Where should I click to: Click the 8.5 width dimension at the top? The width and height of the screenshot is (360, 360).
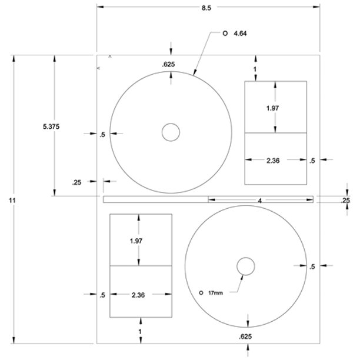click(206, 7)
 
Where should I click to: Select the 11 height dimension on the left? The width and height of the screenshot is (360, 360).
click(12, 201)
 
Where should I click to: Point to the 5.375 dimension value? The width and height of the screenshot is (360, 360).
click(51, 126)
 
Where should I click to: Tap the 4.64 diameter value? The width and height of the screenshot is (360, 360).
click(240, 34)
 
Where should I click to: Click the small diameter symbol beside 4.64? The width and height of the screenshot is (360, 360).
click(225, 34)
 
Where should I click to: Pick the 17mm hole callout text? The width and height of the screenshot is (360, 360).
click(216, 292)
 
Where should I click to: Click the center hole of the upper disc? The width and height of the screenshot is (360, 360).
click(171, 132)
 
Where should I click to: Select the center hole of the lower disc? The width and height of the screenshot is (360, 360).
click(246, 266)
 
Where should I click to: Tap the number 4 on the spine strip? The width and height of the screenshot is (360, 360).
click(260, 200)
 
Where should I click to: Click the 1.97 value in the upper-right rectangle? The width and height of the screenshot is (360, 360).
click(272, 108)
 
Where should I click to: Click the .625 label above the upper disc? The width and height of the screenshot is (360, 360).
click(169, 64)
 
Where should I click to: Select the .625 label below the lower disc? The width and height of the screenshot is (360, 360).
click(247, 336)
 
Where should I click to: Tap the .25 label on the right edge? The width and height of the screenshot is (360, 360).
click(346, 201)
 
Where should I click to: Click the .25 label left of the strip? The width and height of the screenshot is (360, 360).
click(77, 182)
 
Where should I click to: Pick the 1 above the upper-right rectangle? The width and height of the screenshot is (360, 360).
click(255, 69)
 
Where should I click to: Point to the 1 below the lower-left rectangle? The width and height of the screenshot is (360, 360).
click(141, 332)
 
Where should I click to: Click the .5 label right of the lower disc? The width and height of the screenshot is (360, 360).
click(312, 266)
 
